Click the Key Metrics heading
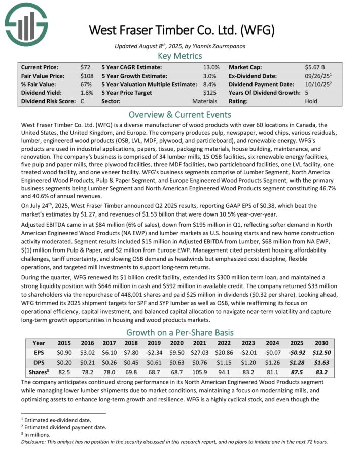pyautogui.click(x=180, y=56)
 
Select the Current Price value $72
pyautogui.click(x=85, y=67)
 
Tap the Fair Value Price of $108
pyautogui.click(x=87, y=76)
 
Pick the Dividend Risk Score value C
pyautogui.click(x=82, y=101)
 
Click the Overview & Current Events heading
pyautogui.click(x=180, y=114)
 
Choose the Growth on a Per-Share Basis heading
pyautogui.click(x=180, y=333)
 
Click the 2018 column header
pyautogui.click(x=134, y=343)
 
